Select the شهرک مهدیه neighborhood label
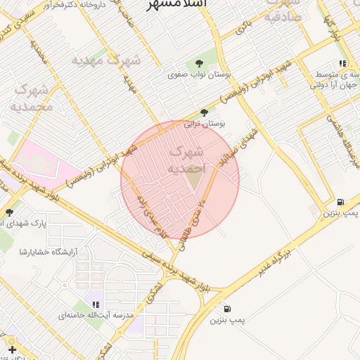click(106, 60)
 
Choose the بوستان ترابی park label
click(204, 124)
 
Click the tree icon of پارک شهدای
click(9, 212)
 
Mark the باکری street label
click(243, 29)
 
